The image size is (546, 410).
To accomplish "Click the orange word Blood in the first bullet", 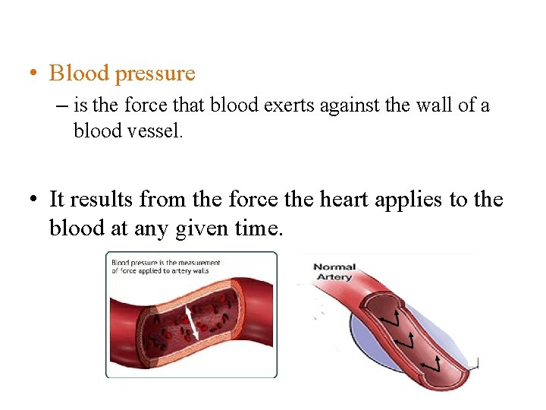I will click(78, 73).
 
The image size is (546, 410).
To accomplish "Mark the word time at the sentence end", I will click(261, 228).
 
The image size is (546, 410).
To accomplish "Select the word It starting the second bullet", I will click(56, 200).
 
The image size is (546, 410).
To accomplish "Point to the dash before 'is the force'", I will click(61, 106).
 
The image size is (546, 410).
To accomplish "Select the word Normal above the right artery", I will click(334, 267).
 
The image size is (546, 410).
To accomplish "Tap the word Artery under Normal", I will click(334, 277).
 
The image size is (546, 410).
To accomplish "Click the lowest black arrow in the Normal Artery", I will click(431, 365).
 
